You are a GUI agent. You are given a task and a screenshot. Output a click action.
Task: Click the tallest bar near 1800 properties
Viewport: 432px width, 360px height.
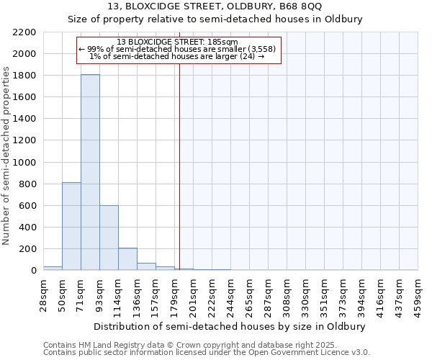(x=90, y=173)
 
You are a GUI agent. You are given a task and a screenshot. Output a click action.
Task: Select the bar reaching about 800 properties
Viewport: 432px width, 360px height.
(x=71, y=226)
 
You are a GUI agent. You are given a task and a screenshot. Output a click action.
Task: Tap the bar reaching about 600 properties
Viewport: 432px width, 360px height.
(x=109, y=238)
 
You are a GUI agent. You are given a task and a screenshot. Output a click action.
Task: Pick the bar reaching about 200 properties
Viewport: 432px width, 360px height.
(x=127, y=259)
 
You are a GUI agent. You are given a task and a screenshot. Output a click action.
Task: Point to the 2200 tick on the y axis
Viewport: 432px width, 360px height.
(x=24, y=32)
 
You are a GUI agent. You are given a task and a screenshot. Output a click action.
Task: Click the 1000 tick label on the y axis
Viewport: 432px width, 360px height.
(x=24, y=163)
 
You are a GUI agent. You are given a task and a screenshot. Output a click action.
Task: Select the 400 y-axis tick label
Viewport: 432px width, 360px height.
(x=27, y=228)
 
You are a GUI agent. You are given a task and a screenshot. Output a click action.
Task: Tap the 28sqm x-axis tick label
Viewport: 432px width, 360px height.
(x=43, y=294)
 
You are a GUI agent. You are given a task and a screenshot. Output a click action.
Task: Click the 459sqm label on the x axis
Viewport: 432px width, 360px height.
(x=418, y=294)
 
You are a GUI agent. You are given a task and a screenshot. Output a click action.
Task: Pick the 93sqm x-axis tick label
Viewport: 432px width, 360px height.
(x=99, y=294)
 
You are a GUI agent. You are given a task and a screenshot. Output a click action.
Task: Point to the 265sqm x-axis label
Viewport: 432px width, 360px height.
(x=249, y=294)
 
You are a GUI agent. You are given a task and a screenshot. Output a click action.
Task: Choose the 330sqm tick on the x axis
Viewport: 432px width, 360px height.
(x=305, y=294)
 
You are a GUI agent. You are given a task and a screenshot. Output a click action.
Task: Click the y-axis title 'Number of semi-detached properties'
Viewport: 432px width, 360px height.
(x=7, y=155)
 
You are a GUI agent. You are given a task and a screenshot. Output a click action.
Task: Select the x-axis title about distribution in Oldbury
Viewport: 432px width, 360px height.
(x=230, y=326)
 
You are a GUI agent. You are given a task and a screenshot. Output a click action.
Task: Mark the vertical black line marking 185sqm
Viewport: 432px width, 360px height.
(x=179, y=166)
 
